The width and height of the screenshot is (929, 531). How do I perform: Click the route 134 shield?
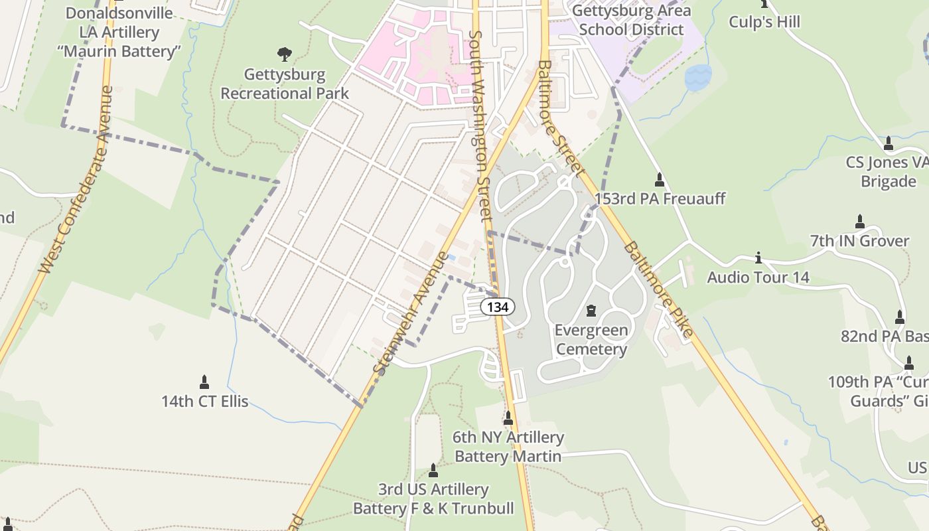tap(497, 306)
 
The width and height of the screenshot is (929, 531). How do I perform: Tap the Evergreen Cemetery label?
tap(591, 340)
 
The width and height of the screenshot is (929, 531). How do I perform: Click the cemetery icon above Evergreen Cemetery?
tap(591, 310)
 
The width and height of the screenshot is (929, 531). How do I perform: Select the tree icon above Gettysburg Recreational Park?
tap(285, 54)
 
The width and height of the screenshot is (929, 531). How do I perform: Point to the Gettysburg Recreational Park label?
tap(285, 84)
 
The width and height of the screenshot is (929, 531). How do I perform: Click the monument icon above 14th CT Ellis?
tap(204, 382)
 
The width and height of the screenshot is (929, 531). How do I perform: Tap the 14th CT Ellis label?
tap(204, 401)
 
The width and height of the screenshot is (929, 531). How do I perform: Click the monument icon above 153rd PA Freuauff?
tap(660, 180)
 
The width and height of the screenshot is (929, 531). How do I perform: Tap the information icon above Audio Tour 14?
tap(758, 258)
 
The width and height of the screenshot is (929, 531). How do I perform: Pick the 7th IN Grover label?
tap(859, 240)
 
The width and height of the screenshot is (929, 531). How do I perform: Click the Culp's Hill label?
tap(764, 22)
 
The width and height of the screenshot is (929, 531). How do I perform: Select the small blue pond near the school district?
tap(697, 78)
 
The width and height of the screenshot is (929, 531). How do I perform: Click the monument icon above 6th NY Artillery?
tap(508, 418)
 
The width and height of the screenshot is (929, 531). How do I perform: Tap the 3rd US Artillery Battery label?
tap(433, 499)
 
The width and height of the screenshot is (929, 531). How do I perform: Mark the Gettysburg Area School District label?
tap(630, 20)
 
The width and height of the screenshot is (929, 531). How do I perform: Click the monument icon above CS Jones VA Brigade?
tap(889, 143)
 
